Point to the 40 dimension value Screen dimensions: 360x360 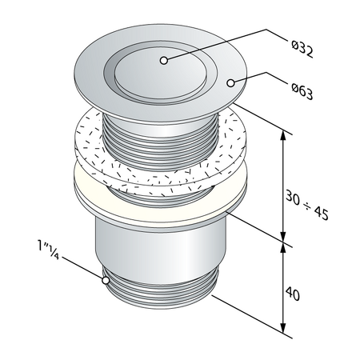(292, 294)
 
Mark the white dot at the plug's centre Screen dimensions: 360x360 (163, 60)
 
